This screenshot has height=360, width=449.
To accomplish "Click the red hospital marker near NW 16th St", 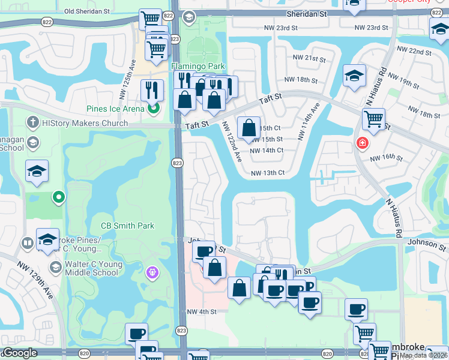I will [362, 143].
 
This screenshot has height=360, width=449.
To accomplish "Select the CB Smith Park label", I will [127, 226].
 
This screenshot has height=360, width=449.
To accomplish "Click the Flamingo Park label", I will [189, 65].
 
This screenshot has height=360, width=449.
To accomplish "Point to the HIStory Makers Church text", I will [85, 124].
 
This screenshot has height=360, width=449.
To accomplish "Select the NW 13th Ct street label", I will [267, 173].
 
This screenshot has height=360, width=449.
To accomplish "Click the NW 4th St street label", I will [201, 311].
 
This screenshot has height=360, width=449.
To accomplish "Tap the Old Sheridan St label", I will [87, 11].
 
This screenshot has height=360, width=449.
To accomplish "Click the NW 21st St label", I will [309, 58].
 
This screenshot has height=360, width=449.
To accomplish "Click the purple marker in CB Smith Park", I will [153, 272].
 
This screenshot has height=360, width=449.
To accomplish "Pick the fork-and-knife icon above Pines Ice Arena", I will [152, 89].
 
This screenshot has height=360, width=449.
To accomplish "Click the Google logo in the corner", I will [20, 353].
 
